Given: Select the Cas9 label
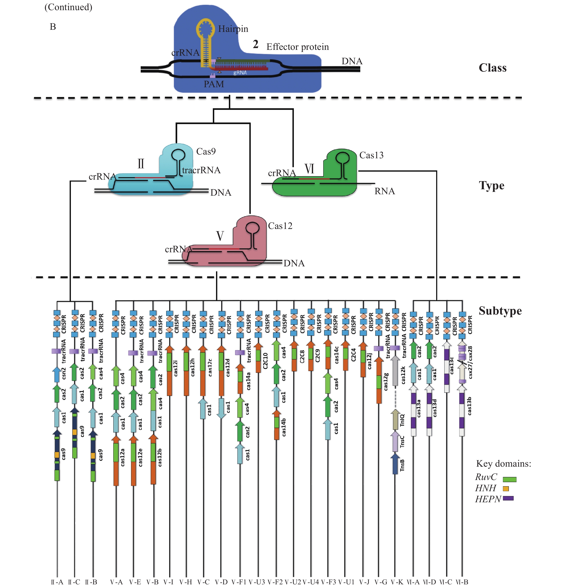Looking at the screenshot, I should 206,152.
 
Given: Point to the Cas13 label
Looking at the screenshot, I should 371,155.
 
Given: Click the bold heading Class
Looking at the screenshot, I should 492,68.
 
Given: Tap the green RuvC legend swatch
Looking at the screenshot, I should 510,479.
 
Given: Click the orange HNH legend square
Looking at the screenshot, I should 506,489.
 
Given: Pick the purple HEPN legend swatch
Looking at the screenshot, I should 508,498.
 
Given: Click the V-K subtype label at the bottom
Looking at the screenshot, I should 397,582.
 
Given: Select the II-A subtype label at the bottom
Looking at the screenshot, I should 57,582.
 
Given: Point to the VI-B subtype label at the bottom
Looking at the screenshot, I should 462,582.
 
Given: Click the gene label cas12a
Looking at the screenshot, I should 123,457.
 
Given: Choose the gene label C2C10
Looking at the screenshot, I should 265,361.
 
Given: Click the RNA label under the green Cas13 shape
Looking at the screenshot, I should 385,191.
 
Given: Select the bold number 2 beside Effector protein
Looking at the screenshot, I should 255,44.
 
